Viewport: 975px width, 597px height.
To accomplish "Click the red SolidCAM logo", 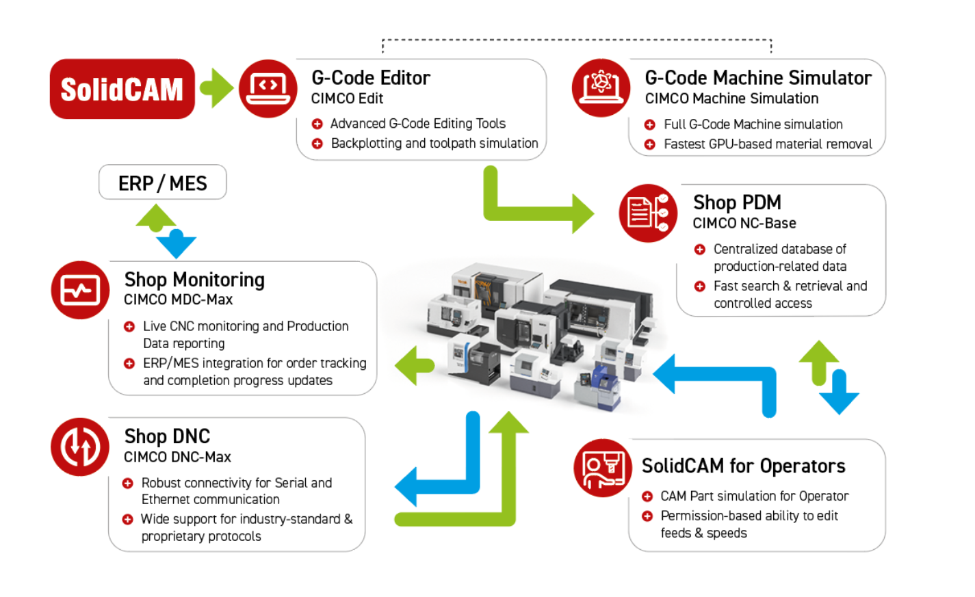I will (x=122, y=89).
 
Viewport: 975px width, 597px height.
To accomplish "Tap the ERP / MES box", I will (x=162, y=183).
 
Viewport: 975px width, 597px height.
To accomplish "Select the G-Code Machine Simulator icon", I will (x=601, y=88).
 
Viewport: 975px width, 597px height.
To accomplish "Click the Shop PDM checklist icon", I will (x=647, y=213).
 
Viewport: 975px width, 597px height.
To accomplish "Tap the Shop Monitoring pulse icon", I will (x=80, y=290).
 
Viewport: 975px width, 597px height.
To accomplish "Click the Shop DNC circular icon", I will (x=80, y=447).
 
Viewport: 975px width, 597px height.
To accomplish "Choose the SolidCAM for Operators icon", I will (x=602, y=468).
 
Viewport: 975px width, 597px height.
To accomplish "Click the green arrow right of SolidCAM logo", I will (x=218, y=88).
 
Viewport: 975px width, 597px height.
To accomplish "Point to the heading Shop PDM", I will (x=737, y=202).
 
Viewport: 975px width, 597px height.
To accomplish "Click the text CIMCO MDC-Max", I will (x=178, y=300).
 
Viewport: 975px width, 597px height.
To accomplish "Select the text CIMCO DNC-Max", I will (x=177, y=457).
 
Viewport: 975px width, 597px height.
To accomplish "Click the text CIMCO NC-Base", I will (x=744, y=224).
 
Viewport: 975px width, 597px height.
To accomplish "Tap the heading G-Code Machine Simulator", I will (x=757, y=78).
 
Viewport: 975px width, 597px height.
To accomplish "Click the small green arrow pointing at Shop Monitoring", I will (x=414, y=365).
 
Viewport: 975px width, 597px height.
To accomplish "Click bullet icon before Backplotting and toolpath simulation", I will (x=317, y=144).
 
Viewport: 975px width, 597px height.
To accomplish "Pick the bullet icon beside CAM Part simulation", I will (x=647, y=496).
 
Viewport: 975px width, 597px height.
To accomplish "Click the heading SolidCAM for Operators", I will (x=743, y=466).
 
